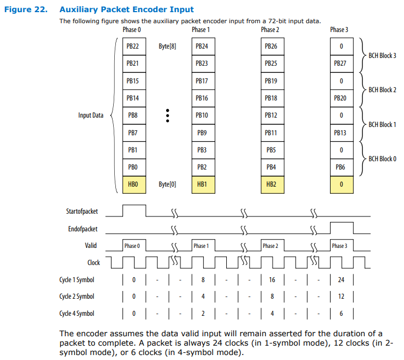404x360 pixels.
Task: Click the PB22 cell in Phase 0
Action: pos(132,46)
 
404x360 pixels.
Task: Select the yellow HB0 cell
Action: pos(132,184)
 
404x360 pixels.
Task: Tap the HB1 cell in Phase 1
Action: pos(201,184)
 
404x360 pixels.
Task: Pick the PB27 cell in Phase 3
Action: pos(341,63)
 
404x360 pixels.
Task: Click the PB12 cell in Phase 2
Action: pos(271,115)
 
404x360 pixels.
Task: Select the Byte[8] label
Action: pos(167,46)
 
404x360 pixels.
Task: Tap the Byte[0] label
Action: pos(167,184)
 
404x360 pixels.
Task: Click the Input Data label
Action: pos(91,115)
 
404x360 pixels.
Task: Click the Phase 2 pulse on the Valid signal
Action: pos(270,246)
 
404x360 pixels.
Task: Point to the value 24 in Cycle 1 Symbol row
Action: pos(341,280)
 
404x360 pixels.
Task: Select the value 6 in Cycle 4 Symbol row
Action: pos(341,313)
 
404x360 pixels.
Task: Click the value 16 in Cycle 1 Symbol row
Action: pos(272,280)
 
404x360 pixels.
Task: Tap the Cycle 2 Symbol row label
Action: pos(77,297)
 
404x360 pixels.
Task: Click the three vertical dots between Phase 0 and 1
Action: pos(167,115)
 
